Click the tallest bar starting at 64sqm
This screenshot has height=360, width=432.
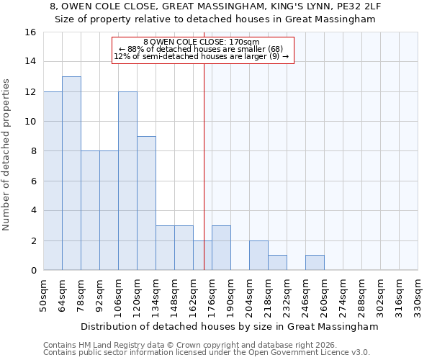point(71,174)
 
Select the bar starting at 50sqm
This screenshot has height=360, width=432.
point(53,181)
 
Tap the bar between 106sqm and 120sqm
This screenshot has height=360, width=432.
point(127,181)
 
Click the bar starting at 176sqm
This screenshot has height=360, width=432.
point(221,248)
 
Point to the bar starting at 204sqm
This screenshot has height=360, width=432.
point(258,256)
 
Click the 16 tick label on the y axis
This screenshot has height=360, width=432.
point(30,32)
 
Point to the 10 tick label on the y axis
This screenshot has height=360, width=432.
point(30,122)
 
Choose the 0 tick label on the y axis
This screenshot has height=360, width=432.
point(33,271)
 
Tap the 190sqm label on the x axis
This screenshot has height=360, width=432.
point(230,295)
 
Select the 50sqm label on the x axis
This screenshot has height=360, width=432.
point(43,295)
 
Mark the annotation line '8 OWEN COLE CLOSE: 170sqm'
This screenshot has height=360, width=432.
point(202,42)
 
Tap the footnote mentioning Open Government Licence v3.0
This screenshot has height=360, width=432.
point(207,353)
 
